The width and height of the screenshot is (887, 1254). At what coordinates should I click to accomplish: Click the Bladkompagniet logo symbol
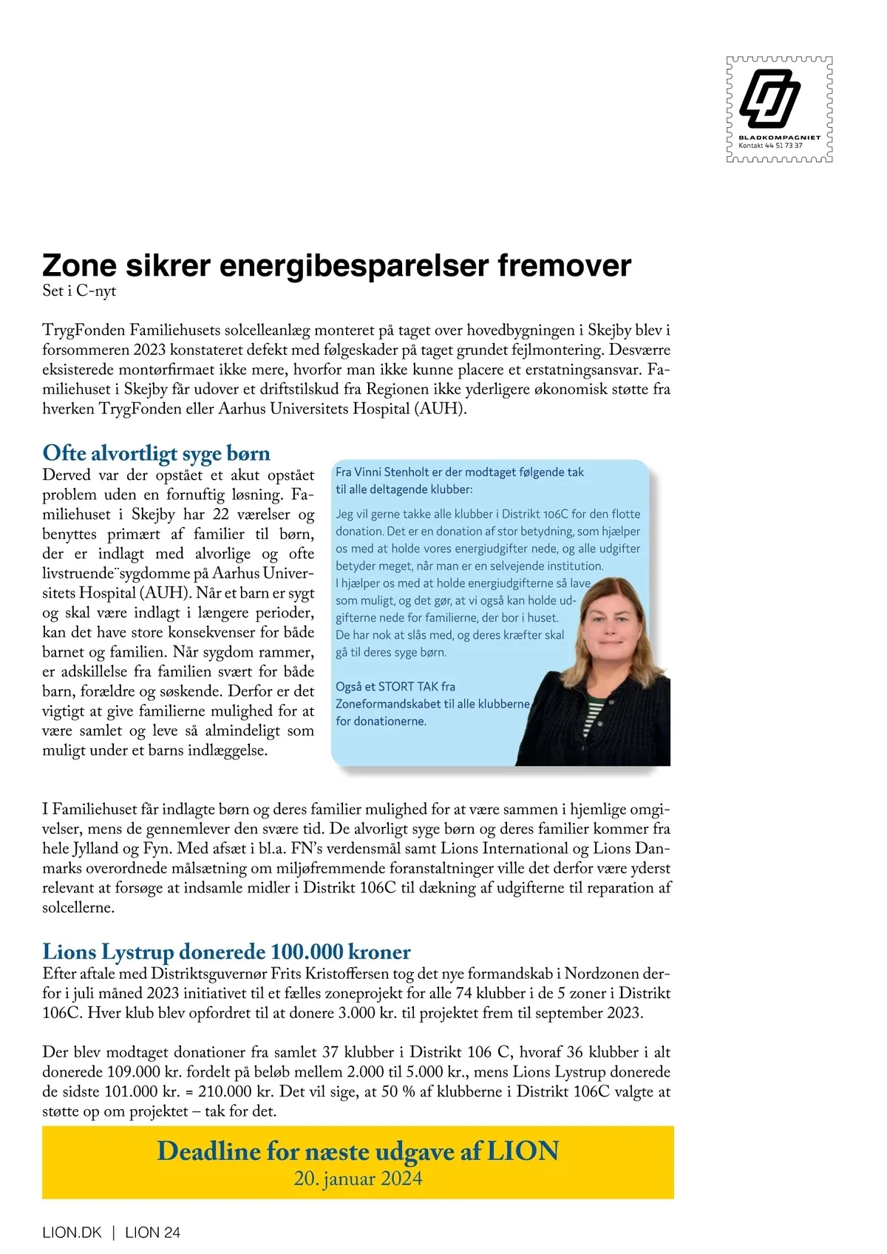point(770,98)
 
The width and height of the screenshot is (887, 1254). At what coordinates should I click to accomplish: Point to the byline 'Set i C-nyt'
point(79,291)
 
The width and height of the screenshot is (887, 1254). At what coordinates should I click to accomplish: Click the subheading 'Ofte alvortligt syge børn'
point(156,453)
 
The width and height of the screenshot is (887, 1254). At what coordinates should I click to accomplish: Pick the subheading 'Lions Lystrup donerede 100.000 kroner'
point(226,951)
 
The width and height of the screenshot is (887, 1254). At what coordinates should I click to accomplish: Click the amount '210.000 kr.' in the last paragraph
point(237,1091)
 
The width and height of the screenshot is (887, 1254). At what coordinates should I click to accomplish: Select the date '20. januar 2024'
point(358,1178)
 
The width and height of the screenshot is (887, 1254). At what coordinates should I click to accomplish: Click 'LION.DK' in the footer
point(72,1233)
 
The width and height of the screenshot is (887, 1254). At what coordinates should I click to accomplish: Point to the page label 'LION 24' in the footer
point(153,1233)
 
